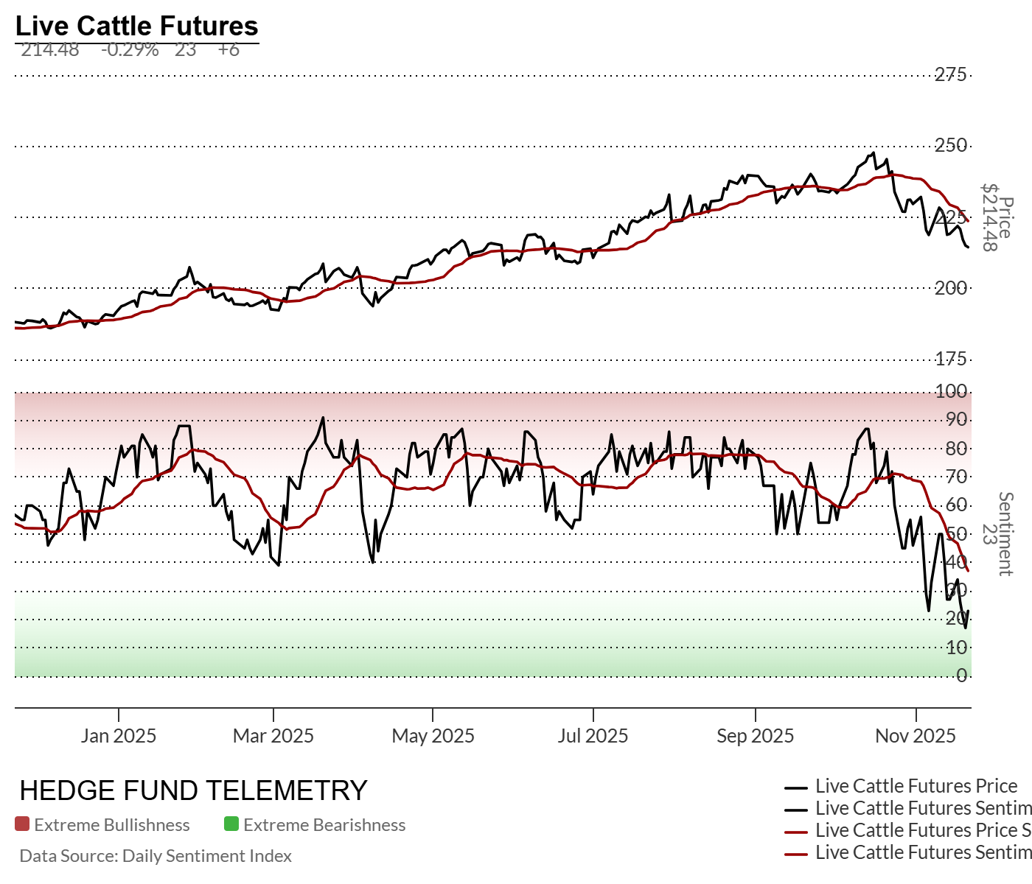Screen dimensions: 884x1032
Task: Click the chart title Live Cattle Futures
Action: click(136, 26)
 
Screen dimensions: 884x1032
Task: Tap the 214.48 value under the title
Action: click(50, 50)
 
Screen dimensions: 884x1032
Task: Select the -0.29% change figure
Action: click(130, 50)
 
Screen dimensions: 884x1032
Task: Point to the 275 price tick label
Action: click(951, 74)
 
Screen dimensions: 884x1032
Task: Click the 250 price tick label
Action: click(951, 146)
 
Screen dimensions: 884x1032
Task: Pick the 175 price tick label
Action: click(951, 359)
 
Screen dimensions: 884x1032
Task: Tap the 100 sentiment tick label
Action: click(951, 391)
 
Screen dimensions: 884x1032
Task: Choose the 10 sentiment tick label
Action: click(957, 648)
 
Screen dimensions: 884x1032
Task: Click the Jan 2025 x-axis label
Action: click(119, 736)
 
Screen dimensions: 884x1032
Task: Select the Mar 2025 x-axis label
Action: click(273, 736)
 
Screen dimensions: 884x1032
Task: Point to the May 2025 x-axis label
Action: click(433, 736)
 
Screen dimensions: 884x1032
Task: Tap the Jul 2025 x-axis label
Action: click(593, 736)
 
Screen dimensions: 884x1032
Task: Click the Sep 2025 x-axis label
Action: click(756, 736)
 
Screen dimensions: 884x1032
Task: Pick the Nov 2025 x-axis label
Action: click(916, 736)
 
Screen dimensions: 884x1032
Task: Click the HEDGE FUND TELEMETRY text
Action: click(193, 791)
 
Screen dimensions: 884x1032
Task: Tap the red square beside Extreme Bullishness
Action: click(22, 824)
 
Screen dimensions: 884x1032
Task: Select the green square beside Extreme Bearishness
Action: click(231, 824)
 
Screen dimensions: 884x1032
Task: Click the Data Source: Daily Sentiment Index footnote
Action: click(156, 856)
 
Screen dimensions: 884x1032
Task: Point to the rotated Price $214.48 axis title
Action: click(997, 217)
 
